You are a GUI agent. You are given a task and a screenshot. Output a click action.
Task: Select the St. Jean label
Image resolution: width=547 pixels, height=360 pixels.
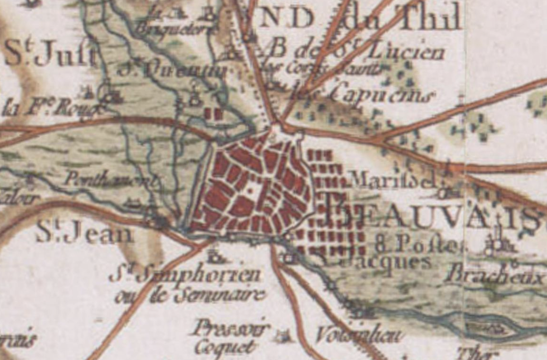click(84, 233)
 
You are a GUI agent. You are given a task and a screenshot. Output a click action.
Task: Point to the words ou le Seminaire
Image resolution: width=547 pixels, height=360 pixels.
click(189, 295)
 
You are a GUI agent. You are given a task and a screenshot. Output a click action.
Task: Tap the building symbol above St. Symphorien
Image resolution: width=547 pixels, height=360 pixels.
click(216, 258)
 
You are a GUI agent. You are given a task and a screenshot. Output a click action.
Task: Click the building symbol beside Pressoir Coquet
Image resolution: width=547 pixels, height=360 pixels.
click(283, 337)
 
